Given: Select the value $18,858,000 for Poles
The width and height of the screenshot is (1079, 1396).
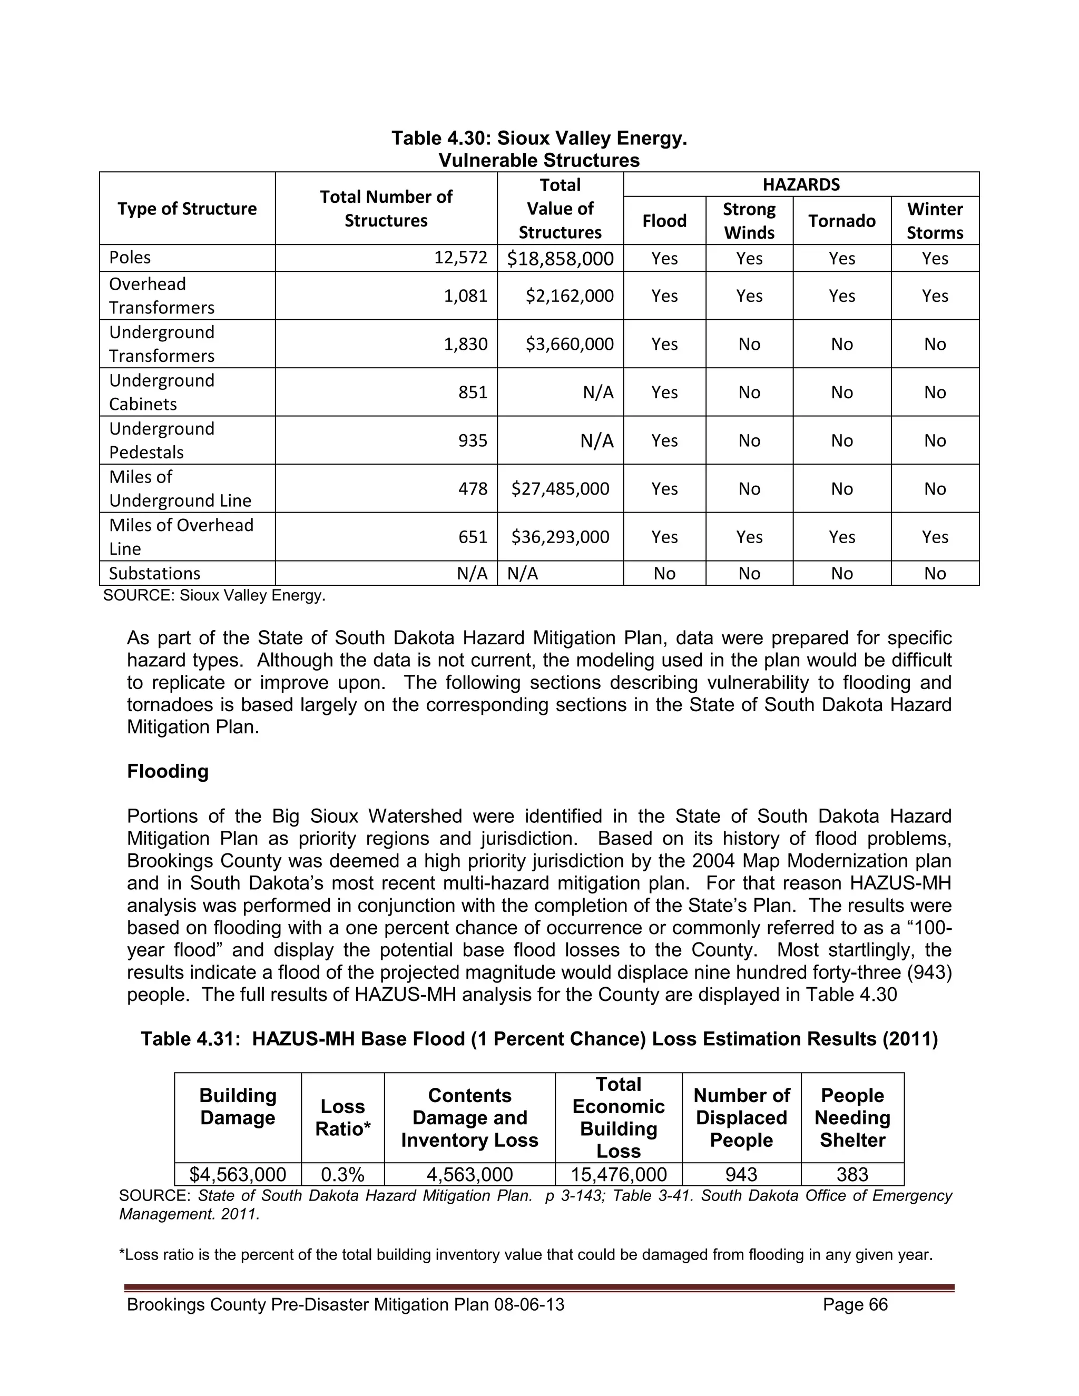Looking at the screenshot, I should click(x=560, y=258).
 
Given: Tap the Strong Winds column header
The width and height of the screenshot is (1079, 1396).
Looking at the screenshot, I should click(x=749, y=221).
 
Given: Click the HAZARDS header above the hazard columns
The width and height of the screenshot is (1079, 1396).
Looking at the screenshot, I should click(x=800, y=185).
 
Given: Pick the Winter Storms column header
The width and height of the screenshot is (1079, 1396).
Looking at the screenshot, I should click(x=934, y=221).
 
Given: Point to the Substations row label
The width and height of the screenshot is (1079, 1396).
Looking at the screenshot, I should click(x=155, y=573).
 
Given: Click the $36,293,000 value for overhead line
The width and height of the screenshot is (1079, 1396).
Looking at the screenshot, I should click(x=560, y=537).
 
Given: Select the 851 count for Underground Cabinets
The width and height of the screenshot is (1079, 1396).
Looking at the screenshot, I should click(x=473, y=392).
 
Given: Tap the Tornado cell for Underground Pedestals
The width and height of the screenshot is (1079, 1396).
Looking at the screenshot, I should click(x=841, y=440).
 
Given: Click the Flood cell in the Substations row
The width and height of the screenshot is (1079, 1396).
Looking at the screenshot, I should click(x=664, y=573).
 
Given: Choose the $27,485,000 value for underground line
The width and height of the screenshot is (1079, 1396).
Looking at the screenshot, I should click(x=560, y=489).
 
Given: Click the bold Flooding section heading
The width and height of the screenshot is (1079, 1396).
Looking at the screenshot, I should click(x=168, y=772).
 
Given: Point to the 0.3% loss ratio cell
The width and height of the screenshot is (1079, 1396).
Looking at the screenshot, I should click(x=342, y=1174).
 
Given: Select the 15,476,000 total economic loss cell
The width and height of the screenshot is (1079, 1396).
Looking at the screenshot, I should click(x=618, y=1174).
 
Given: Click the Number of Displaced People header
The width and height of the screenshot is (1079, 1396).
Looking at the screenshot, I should click(x=741, y=1117).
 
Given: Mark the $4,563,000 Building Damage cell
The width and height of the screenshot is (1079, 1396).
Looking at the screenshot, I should click(x=238, y=1174).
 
